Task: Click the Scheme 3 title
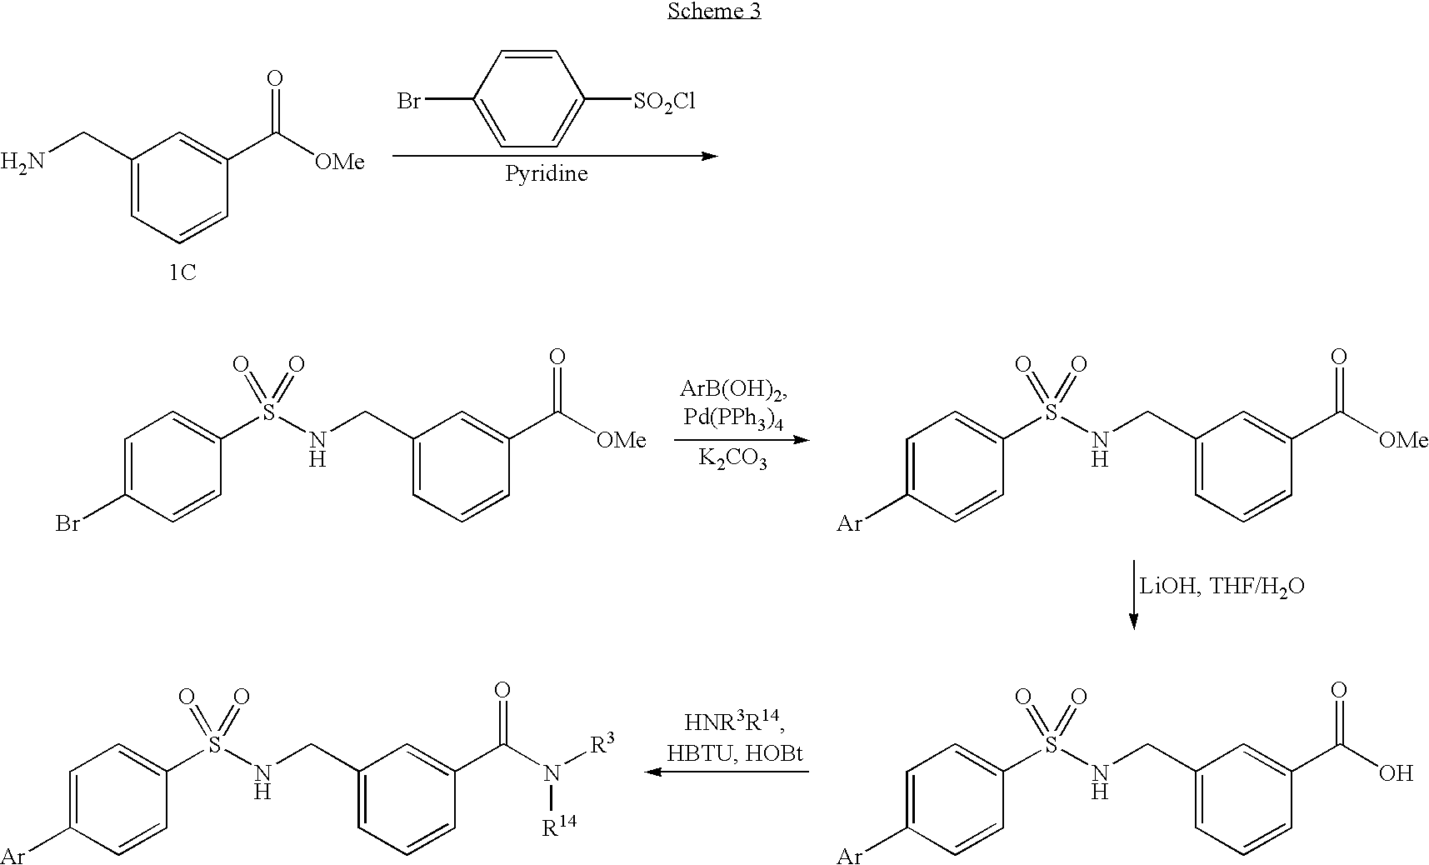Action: tap(714, 12)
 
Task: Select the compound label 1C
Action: tap(182, 272)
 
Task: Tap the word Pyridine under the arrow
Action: tap(546, 174)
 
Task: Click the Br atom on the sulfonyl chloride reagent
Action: tap(408, 102)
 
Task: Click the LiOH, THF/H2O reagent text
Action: tap(1222, 587)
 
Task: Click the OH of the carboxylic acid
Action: tap(1397, 772)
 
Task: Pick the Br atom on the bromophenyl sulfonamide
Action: tap(67, 524)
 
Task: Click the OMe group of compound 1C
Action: tap(339, 162)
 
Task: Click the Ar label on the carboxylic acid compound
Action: tap(849, 856)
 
